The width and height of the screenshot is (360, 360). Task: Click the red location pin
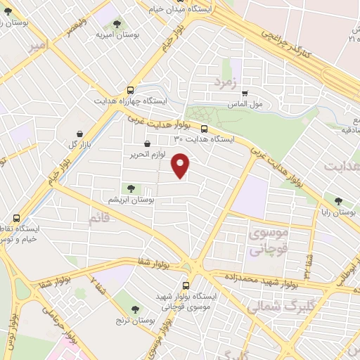181,165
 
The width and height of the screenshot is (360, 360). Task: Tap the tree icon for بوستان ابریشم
129,188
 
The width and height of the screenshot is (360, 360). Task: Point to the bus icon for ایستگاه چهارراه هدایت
129,91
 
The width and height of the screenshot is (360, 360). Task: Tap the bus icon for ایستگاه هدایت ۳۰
204,129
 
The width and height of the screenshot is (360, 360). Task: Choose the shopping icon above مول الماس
244,94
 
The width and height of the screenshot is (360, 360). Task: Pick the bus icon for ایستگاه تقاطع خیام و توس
15,218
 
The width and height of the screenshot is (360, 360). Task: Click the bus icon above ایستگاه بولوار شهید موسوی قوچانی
186,285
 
